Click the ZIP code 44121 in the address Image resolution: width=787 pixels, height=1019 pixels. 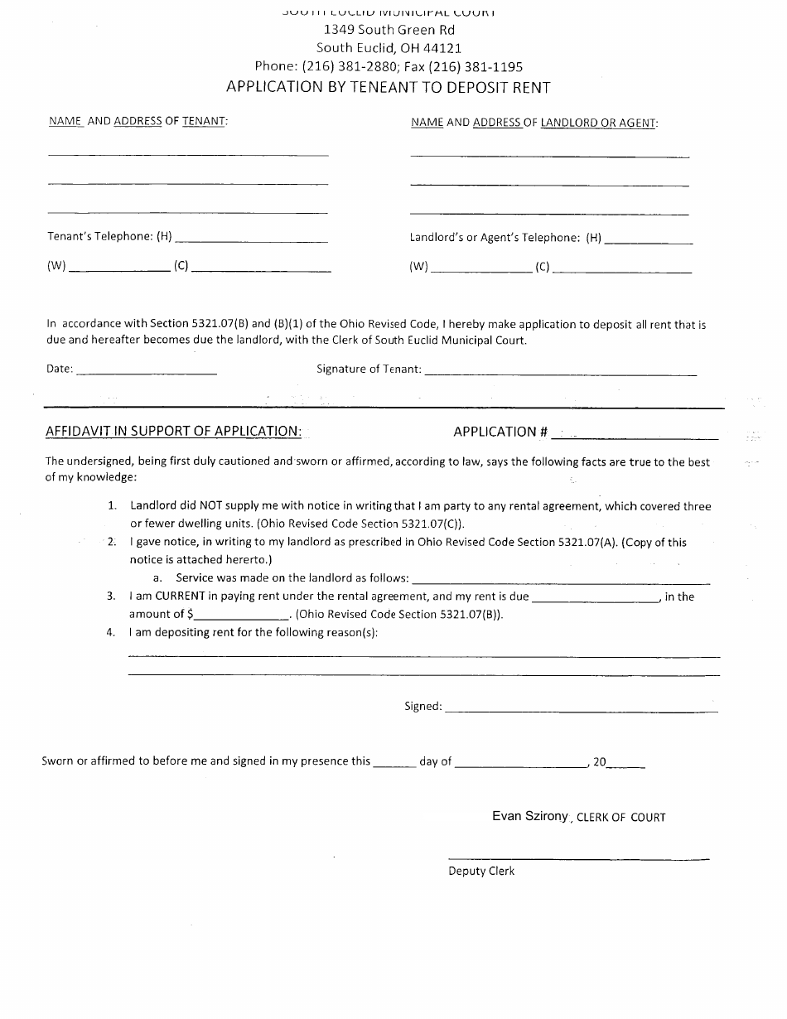coord(444,48)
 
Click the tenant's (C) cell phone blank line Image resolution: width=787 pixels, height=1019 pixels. coord(261,270)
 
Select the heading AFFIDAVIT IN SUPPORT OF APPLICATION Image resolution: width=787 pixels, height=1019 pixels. coord(173,431)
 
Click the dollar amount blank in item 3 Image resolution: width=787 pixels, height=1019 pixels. coord(241,617)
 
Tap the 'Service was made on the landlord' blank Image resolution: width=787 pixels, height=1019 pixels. coord(561,581)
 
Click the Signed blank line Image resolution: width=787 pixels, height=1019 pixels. coord(581,710)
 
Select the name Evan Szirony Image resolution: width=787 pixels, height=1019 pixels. coord(530,816)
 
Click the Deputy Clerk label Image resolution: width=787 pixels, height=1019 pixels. coord(481,871)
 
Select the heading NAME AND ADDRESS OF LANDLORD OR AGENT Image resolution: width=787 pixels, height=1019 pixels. coord(534,123)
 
